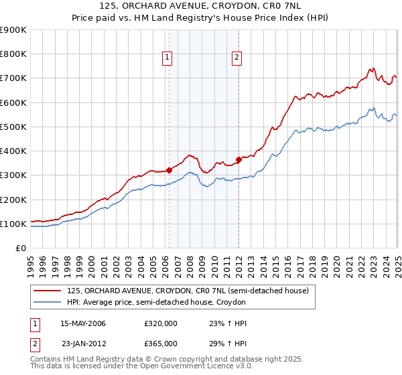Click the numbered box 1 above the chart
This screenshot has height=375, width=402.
(x=166, y=58)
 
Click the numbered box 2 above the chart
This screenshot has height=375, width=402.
(x=237, y=58)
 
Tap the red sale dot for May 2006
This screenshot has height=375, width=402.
(x=169, y=170)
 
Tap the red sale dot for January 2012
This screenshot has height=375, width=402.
(x=239, y=159)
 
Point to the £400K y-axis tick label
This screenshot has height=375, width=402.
(x=13, y=151)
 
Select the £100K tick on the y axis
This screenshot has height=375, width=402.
(x=13, y=224)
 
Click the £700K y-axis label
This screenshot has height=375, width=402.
(x=13, y=78)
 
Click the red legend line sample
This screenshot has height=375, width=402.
(x=47, y=291)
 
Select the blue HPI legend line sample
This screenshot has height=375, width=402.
(x=47, y=303)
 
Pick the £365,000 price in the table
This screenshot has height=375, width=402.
(x=161, y=344)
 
